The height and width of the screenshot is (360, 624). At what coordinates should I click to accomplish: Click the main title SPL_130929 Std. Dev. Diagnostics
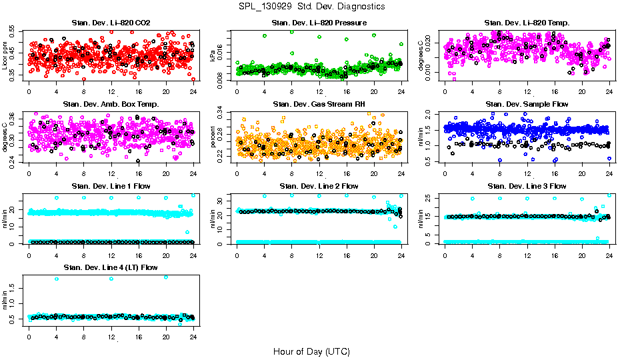[311, 7]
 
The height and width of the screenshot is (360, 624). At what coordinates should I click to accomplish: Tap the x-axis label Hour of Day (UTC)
[311, 351]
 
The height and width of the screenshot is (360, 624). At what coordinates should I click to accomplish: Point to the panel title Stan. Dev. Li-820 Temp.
[527, 23]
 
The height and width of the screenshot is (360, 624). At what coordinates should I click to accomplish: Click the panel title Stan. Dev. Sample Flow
[527, 104]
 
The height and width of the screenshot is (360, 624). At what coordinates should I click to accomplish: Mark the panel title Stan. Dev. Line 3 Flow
[527, 186]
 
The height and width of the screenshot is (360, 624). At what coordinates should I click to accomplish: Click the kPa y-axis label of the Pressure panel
[213, 57]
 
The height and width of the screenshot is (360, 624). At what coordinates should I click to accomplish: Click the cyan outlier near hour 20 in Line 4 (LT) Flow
[165, 277]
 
